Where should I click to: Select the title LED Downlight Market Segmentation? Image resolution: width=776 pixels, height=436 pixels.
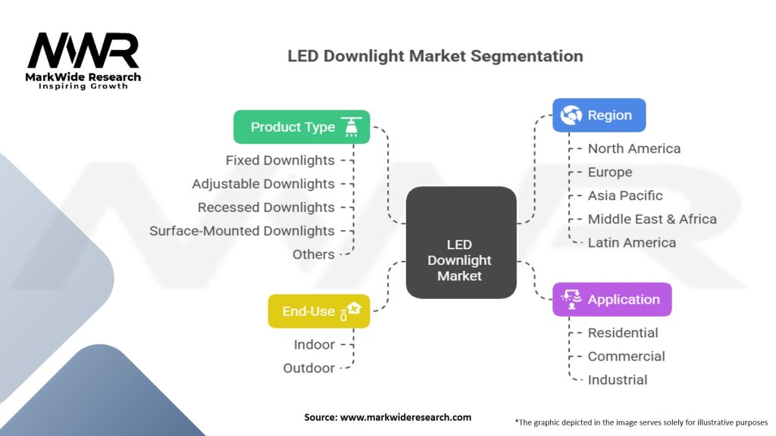tap(435, 56)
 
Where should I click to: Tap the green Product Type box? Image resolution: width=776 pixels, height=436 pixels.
tap(301, 127)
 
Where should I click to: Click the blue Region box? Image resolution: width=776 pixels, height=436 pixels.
tap(599, 115)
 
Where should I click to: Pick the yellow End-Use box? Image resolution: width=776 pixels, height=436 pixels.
tap(318, 311)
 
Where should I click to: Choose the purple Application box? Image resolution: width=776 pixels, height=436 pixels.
tap(612, 300)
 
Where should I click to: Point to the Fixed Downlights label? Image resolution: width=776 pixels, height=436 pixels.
tap(280, 160)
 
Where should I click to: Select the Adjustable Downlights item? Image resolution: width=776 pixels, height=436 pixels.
tap(263, 184)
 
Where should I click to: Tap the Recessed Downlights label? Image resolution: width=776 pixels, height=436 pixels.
tap(266, 207)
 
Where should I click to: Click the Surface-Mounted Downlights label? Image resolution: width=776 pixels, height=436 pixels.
tap(242, 231)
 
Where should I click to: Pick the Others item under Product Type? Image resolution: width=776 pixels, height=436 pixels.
tap(313, 254)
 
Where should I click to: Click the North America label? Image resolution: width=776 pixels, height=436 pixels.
tap(634, 148)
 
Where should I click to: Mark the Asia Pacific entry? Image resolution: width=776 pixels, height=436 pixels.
tap(625, 195)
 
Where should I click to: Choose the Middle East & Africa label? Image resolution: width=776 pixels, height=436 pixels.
tap(652, 219)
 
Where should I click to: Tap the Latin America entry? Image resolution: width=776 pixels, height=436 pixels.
tap(632, 242)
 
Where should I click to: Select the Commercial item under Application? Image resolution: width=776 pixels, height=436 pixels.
tap(626, 356)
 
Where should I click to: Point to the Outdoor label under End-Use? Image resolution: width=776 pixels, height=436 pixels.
tap(308, 368)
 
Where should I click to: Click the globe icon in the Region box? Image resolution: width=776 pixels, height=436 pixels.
tap(571, 115)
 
